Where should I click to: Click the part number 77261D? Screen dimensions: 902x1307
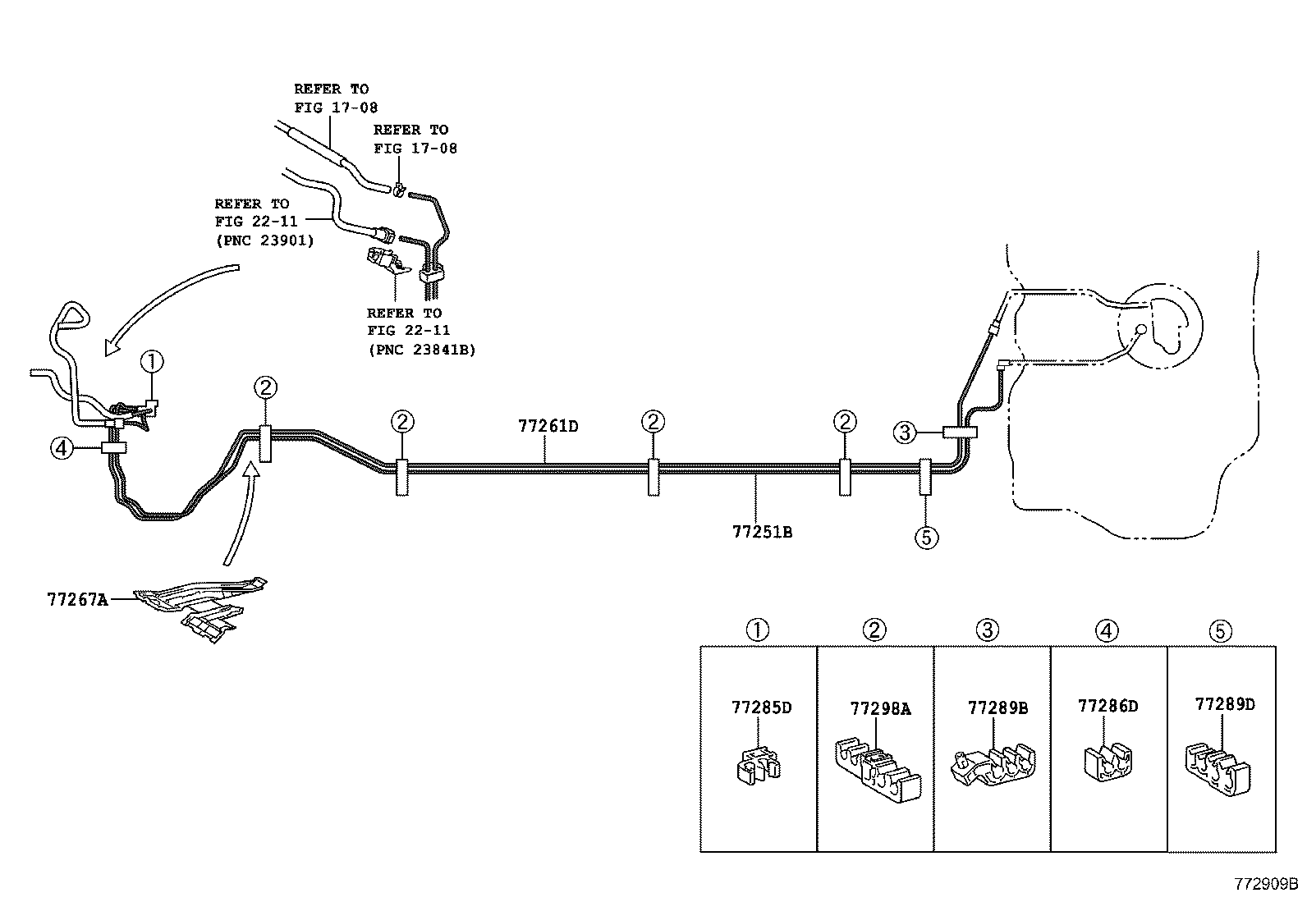tap(548, 426)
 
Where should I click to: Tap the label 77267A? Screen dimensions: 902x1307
tap(77, 599)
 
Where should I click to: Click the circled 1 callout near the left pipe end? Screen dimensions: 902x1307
tap(152, 361)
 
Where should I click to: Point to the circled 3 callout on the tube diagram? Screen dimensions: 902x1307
tap(904, 433)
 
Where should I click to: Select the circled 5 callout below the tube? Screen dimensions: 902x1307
tap(925, 538)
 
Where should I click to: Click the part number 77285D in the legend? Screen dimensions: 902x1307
tap(761, 707)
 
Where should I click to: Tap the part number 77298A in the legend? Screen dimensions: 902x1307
tap(880, 709)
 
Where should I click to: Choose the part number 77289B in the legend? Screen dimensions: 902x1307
tap(997, 708)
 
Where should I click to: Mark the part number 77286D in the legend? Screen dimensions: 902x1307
tap(1108, 707)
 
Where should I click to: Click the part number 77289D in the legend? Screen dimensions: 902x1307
tap(1224, 704)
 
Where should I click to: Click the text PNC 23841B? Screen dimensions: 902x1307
tap(421, 350)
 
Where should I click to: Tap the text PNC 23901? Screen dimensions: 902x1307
tap(264, 240)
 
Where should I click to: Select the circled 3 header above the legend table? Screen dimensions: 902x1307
tap(988, 630)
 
